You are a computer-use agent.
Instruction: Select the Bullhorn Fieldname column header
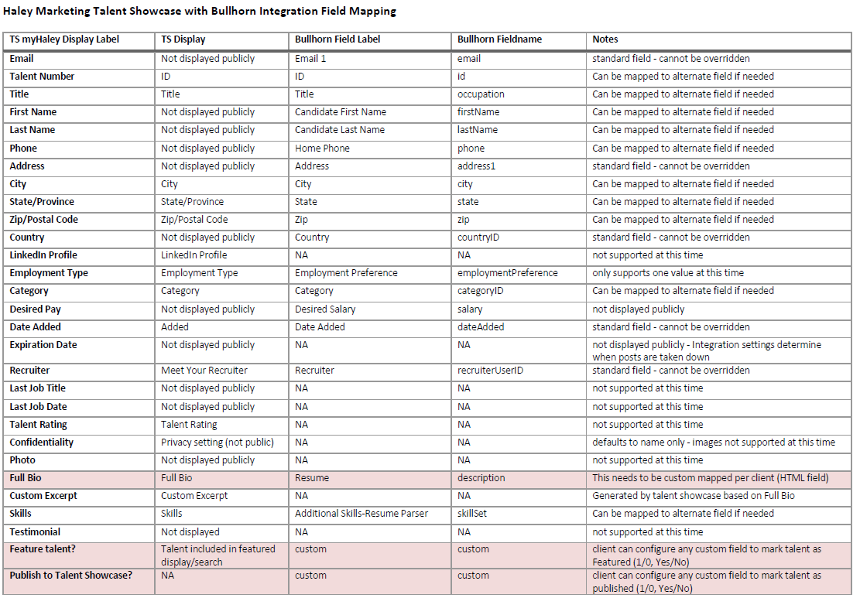(x=499, y=39)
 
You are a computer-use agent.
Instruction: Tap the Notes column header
(x=605, y=39)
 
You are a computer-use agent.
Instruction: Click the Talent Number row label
(x=42, y=77)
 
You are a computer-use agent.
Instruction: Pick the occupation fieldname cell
(x=481, y=94)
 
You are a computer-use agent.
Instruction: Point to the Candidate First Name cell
(x=340, y=112)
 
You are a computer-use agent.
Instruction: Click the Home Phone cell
(x=322, y=149)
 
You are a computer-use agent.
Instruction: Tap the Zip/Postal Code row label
(x=43, y=220)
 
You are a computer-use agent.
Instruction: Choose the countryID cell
(x=478, y=237)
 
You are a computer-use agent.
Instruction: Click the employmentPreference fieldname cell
(x=507, y=273)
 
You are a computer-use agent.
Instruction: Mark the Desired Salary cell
(x=325, y=309)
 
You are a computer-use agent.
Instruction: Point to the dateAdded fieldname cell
(x=481, y=327)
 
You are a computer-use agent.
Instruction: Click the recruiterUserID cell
(x=490, y=371)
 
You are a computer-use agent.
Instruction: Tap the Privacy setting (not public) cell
(x=218, y=443)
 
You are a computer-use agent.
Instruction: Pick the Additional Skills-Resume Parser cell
(x=361, y=514)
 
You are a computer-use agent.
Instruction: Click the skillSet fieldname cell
(x=472, y=514)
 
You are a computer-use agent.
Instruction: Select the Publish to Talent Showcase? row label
(x=71, y=576)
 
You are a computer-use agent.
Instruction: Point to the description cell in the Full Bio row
(x=481, y=478)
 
